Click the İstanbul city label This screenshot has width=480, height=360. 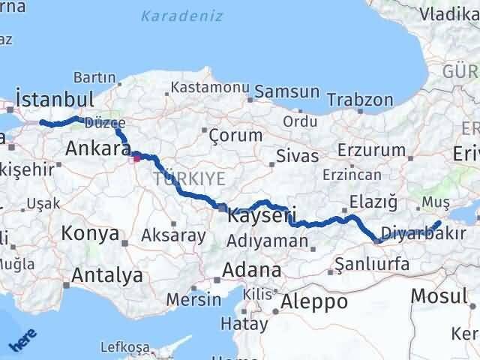[x=55, y=99]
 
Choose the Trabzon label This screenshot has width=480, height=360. [x=360, y=100]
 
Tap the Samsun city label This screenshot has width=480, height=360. [x=287, y=91]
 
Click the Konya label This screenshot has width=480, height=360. [x=90, y=233]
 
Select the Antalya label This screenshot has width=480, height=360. [x=107, y=275]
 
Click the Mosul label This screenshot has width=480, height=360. [x=439, y=295]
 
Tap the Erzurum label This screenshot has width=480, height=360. [x=371, y=150]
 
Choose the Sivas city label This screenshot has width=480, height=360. [x=297, y=156]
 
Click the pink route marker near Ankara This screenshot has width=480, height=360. [x=136, y=157]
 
